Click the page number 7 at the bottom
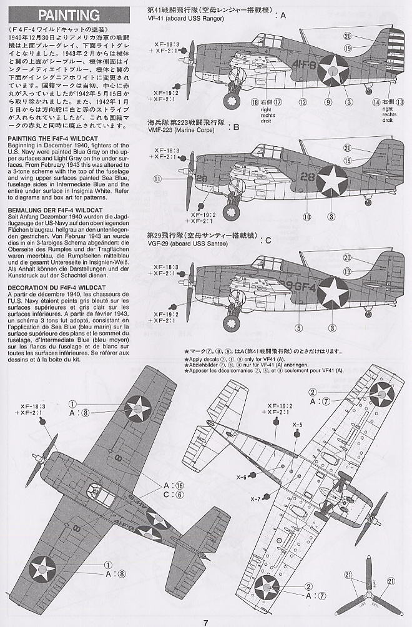(205, 621)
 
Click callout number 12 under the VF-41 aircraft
(302, 102)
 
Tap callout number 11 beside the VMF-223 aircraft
(158, 179)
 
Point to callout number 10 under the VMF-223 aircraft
(308, 217)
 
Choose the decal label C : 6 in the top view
(170, 494)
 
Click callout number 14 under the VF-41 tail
(376, 102)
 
